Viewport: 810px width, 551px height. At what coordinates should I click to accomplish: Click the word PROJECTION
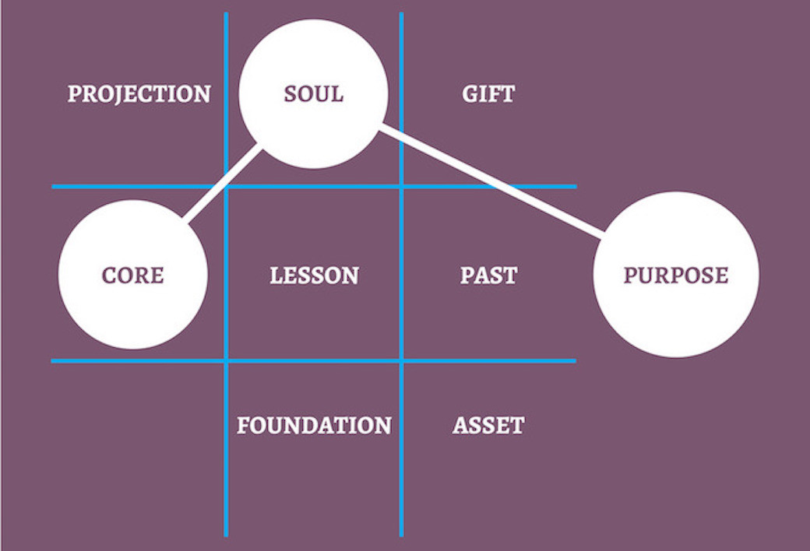pyautogui.click(x=139, y=94)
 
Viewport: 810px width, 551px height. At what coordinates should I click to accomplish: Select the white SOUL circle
pyautogui.click(x=314, y=94)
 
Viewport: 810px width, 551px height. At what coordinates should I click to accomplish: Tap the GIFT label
pyautogui.click(x=488, y=94)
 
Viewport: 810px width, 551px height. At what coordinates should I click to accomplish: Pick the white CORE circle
pyautogui.click(x=133, y=275)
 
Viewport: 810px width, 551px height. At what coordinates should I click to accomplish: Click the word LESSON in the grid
pyautogui.click(x=314, y=275)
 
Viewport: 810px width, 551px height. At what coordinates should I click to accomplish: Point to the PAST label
pyautogui.click(x=488, y=275)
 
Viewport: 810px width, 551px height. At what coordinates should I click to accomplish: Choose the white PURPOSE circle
pyautogui.click(x=676, y=275)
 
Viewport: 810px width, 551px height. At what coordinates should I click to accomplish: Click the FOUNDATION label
pyautogui.click(x=314, y=426)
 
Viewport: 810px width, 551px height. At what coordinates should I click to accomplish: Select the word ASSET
pyautogui.click(x=488, y=426)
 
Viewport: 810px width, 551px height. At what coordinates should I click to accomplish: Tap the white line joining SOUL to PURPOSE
pyautogui.click(x=491, y=181)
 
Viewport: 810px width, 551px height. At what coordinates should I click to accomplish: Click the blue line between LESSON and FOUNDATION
pyautogui.click(x=314, y=361)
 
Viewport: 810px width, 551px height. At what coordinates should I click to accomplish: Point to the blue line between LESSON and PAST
pyautogui.click(x=401, y=275)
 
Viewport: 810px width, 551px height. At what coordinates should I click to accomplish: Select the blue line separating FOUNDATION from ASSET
pyautogui.click(x=401, y=449)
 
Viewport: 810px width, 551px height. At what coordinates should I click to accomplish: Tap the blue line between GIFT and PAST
pyautogui.click(x=488, y=187)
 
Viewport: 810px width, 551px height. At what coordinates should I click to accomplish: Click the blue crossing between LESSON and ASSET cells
pyautogui.click(x=401, y=361)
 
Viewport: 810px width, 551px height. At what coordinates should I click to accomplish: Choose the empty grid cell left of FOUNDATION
pyautogui.click(x=139, y=449)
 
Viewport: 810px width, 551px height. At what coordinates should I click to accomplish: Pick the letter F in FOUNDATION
pyautogui.click(x=243, y=426)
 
